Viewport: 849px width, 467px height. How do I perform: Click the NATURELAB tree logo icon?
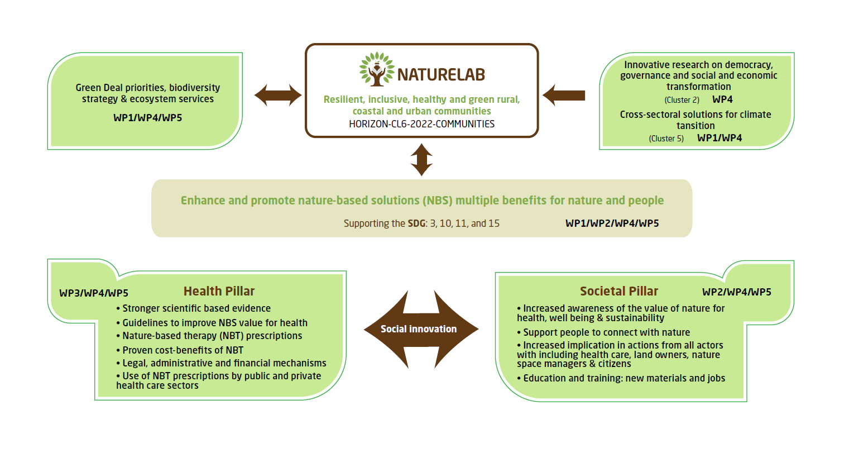377,70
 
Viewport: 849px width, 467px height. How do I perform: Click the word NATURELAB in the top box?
440,75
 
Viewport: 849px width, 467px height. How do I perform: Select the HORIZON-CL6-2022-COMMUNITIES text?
421,124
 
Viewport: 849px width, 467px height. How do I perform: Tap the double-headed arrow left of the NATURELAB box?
278,95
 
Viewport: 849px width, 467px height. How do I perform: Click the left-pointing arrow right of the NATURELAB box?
564,95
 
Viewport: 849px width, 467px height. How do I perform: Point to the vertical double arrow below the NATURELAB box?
421,160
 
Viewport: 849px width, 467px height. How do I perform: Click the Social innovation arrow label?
419,329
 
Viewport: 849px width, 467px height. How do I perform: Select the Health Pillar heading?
219,291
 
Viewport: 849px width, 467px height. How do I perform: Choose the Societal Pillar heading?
619,291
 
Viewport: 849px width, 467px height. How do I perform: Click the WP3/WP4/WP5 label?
94,293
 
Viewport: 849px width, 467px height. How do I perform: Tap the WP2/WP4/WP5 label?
737,292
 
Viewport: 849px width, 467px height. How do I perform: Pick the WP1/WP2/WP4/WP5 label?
612,223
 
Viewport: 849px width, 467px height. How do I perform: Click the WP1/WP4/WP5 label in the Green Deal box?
147,118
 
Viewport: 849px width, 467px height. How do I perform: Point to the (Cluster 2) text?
682,100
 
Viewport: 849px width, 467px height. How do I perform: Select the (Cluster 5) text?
666,139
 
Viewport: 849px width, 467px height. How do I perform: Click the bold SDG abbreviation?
416,223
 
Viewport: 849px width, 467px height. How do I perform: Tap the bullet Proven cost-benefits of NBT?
183,350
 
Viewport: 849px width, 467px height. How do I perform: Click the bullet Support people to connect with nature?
606,332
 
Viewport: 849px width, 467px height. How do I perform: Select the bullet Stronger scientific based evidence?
196,308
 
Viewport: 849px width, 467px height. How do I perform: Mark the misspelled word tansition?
695,126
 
